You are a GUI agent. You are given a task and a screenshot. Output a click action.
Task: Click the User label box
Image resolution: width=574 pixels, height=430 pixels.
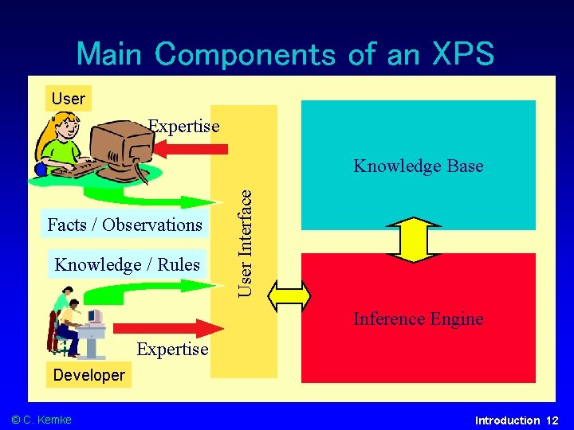click(x=68, y=99)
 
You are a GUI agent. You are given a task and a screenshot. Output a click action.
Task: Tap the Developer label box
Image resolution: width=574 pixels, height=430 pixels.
click(x=88, y=375)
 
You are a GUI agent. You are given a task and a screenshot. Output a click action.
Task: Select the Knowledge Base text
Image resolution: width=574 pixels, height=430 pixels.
click(x=419, y=166)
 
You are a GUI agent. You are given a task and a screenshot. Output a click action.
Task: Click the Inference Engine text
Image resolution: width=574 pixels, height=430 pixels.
click(x=419, y=319)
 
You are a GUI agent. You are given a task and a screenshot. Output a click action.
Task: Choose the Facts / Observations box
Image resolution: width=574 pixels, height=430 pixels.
click(x=125, y=225)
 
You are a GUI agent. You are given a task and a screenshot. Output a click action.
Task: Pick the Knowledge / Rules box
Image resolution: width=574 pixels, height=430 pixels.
click(x=128, y=264)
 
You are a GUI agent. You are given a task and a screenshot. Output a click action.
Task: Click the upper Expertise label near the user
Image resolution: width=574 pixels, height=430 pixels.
click(x=184, y=126)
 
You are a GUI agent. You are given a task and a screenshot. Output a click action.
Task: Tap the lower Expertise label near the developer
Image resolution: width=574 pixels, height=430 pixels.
click(x=172, y=349)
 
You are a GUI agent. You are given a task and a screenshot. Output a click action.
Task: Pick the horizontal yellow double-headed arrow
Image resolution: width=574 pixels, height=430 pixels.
click(x=289, y=295)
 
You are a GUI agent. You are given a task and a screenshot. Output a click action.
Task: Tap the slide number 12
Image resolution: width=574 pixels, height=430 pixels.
click(x=552, y=420)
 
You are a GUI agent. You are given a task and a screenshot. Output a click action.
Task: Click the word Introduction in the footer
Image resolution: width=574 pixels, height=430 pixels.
click(x=507, y=420)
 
